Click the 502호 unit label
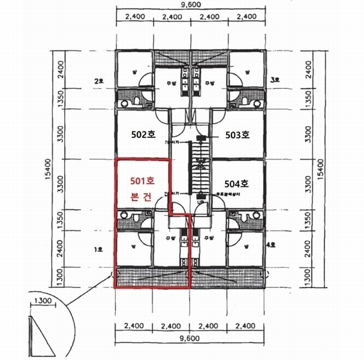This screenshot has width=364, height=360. [143, 136]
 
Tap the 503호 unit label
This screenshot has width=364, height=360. [237, 136]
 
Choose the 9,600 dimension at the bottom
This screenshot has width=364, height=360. [189, 339]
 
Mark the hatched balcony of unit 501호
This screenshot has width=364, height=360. [151, 278]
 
